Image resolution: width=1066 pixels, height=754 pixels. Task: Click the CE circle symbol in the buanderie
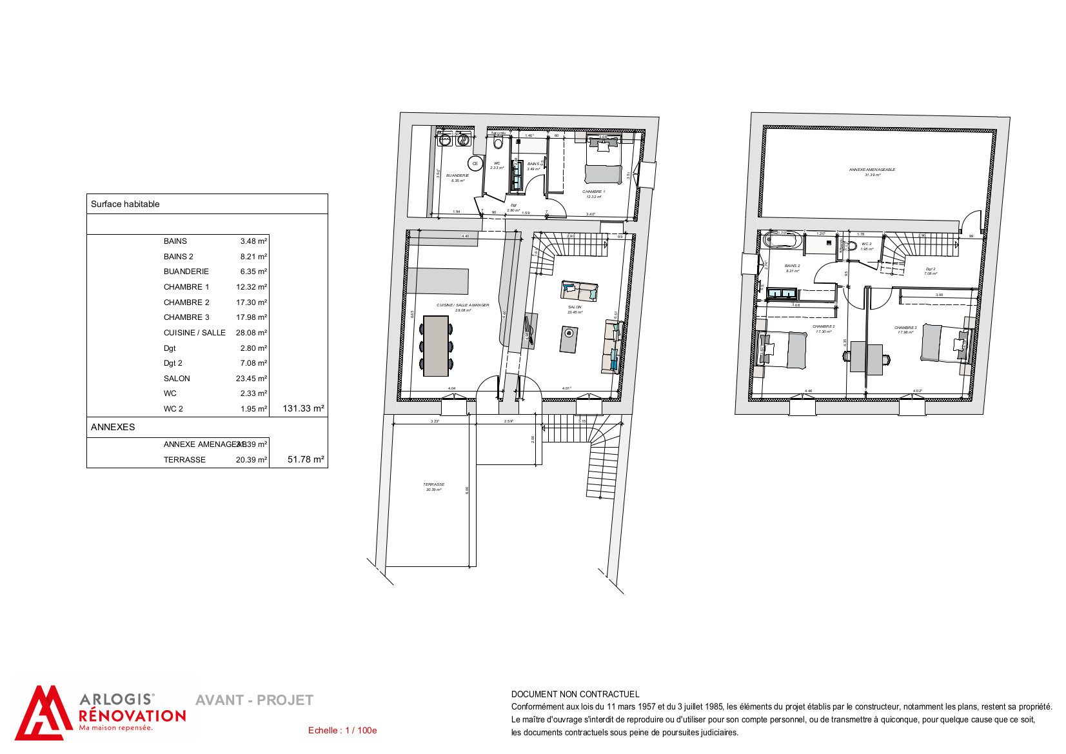click(x=475, y=164)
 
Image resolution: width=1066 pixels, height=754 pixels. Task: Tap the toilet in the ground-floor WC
click(x=498, y=143)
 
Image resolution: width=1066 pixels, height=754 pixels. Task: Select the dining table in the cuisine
click(x=436, y=346)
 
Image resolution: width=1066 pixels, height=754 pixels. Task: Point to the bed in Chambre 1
click(x=604, y=161)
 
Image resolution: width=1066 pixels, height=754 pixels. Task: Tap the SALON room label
click(x=575, y=308)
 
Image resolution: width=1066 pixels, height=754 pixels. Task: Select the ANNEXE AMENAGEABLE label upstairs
click(x=872, y=170)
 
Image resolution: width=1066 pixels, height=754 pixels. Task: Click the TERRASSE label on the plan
click(x=433, y=484)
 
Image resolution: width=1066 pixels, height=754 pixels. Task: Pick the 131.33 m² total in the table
click(x=303, y=408)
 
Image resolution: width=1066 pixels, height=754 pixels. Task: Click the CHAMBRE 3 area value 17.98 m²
click(x=252, y=317)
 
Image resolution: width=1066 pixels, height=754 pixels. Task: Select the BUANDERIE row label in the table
click(x=186, y=272)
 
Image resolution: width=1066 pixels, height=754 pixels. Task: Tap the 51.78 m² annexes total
click(x=306, y=460)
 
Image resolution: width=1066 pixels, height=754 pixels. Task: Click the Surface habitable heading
click(x=125, y=204)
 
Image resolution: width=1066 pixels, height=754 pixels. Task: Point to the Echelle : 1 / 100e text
click(x=342, y=731)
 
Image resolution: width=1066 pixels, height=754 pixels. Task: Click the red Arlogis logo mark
click(x=42, y=713)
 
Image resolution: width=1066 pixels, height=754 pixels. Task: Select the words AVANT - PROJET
click(x=254, y=700)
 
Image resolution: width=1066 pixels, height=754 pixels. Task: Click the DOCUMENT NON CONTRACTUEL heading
click(x=575, y=695)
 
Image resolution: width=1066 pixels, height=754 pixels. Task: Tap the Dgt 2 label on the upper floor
click(x=930, y=270)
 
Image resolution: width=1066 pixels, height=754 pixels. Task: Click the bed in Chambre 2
click(x=784, y=350)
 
